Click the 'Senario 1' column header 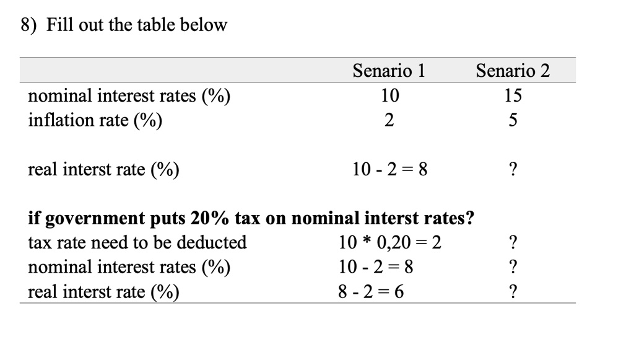389,71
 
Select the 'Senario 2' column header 513,71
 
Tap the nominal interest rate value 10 389,95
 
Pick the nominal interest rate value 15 513,95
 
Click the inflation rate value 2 389,120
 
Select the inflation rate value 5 513,120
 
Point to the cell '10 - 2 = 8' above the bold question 389,169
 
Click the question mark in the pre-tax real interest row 513,169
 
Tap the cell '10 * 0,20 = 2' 389,242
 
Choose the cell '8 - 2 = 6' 370,291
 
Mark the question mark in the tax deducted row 513,242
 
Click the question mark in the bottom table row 513,291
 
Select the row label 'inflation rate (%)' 95,120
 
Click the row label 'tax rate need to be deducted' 137,242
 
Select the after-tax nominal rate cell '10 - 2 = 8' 376,267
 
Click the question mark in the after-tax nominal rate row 513,267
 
